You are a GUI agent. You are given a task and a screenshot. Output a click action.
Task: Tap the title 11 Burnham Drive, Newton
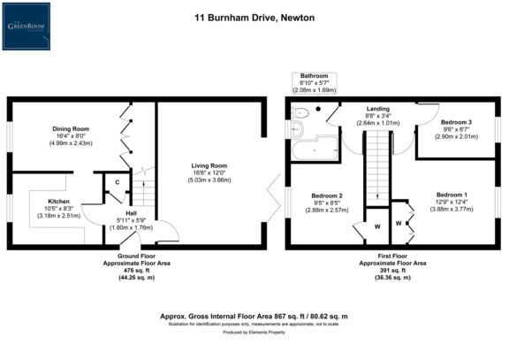pyautogui.click(x=254, y=16)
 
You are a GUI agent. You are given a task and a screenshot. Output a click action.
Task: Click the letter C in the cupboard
pyautogui.click(x=116, y=181)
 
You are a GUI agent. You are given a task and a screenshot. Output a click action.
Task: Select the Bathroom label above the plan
pyautogui.click(x=314, y=76)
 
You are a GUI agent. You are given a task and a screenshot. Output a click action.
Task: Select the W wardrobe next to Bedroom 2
pyautogui.click(x=376, y=226)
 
